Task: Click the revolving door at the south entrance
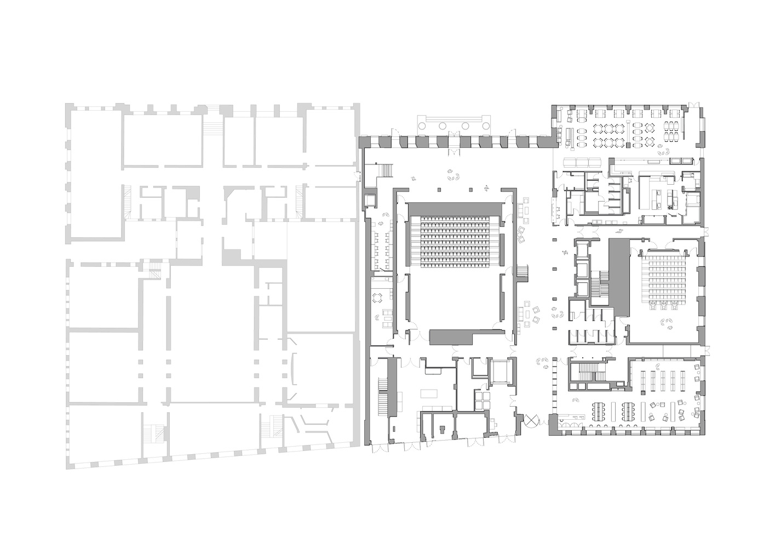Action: point(531,421)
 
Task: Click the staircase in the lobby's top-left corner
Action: point(385,171)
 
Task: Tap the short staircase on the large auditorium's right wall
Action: point(522,272)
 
